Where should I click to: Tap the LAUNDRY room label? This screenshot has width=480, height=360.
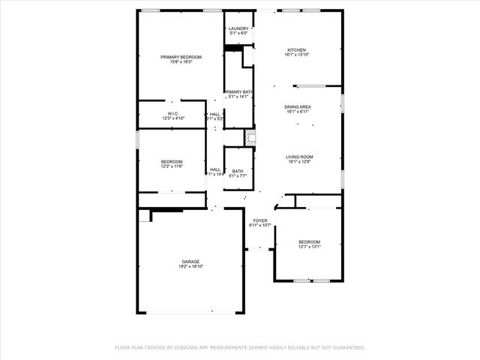[x=238, y=28]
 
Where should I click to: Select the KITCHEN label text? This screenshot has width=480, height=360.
[x=296, y=50]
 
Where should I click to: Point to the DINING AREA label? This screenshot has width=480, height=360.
[x=298, y=107]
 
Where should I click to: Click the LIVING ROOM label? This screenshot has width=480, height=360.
[x=298, y=157]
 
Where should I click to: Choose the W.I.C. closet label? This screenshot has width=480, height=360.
[x=172, y=113]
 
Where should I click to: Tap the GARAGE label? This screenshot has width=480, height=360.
[x=190, y=261]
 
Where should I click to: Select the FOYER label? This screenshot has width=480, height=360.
[x=259, y=220]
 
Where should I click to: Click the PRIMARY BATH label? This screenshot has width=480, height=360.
[x=238, y=91]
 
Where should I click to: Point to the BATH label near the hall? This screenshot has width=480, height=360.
[x=238, y=171]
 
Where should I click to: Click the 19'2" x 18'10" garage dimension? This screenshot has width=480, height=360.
[x=190, y=266]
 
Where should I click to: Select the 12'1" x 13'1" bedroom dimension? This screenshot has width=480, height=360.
[x=309, y=247]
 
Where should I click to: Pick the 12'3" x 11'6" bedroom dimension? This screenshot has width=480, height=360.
[x=172, y=166]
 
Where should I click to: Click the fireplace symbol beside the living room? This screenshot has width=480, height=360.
[x=251, y=137]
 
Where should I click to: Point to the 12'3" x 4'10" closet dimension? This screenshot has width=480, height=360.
[x=172, y=118]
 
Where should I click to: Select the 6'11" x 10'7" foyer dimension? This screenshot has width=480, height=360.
[x=259, y=226]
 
